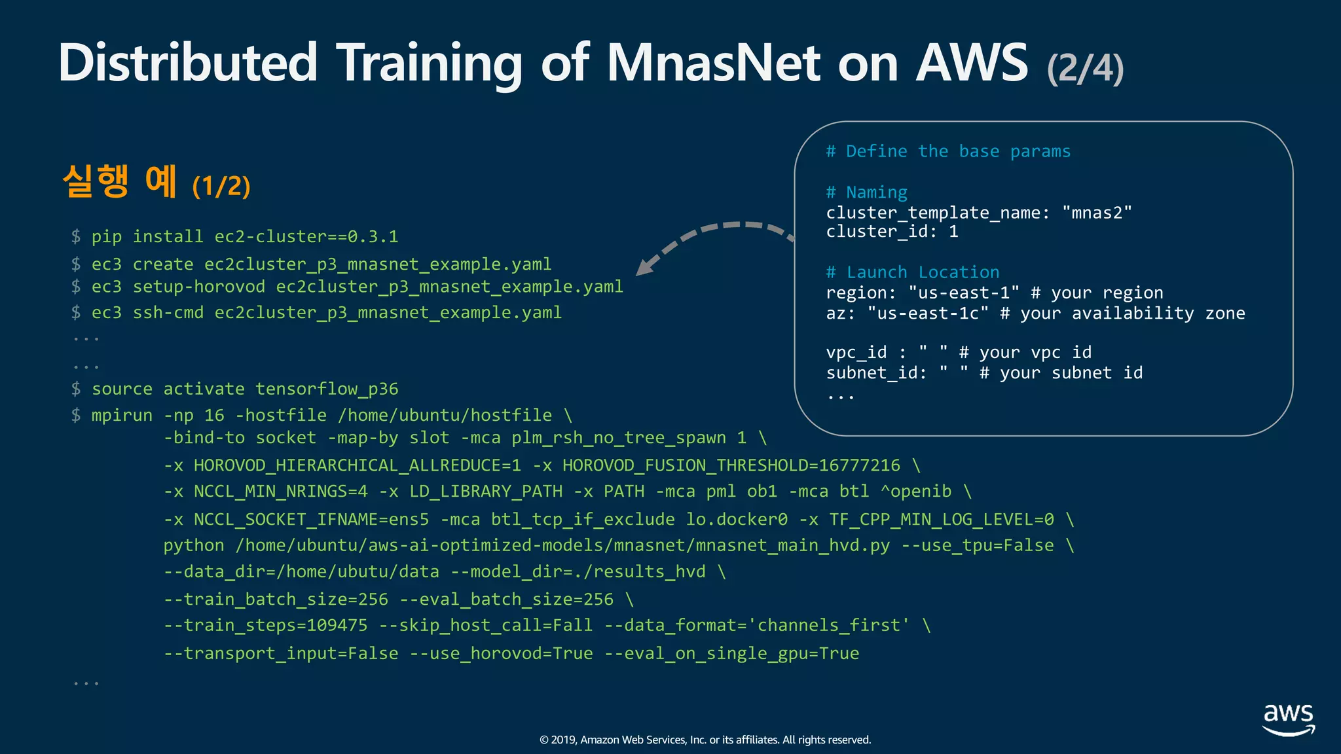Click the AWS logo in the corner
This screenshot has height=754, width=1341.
pos(1288,719)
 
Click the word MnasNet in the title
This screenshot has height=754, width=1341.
pos(714,63)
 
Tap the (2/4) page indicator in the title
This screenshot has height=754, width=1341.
pos(1085,68)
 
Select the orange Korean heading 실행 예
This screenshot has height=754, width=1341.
pos(120,181)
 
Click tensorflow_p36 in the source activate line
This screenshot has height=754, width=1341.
pos(327,389)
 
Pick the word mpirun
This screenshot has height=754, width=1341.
pos(122,415)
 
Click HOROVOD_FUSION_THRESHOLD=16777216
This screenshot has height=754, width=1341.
pos(731,465)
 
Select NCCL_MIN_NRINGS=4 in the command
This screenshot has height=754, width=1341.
pos(280,492)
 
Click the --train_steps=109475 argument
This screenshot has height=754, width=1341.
pos(265,625)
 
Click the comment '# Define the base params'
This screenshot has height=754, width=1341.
pos(947,151)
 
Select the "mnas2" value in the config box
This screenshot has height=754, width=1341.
pos(1097,213)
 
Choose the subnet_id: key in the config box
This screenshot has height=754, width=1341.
pos(877,373)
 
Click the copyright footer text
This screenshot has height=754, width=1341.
pos(705,740)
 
